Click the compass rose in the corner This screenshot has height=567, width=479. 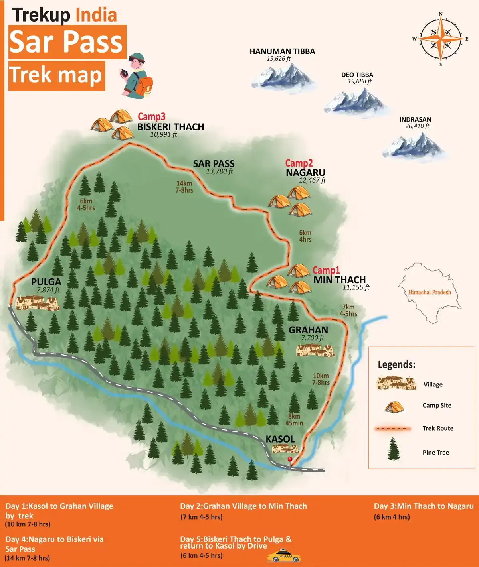[441, 39]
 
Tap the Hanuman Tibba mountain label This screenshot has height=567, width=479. [282, 51]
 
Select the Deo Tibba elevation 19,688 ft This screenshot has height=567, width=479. [359, 81]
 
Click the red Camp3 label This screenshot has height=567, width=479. [151, 117]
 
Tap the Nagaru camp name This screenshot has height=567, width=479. [305, 173]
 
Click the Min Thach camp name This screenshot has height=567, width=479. [339, 280]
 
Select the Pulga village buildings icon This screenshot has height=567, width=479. [37, 303]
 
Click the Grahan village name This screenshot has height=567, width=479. [308, 330]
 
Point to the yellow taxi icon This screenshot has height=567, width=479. [284, 556]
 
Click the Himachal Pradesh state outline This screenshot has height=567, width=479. [430, 293]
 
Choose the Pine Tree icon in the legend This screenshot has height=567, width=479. [394, 449]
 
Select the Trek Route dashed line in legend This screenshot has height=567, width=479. [392, 429]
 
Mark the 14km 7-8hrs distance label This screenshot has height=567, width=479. [184, 187]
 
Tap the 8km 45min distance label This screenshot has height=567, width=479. [294, 419]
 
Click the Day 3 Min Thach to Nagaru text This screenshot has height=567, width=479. [424, 506]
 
